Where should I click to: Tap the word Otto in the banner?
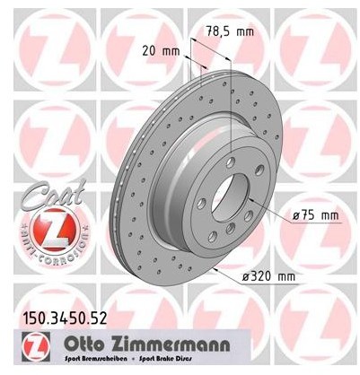(86, 340)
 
